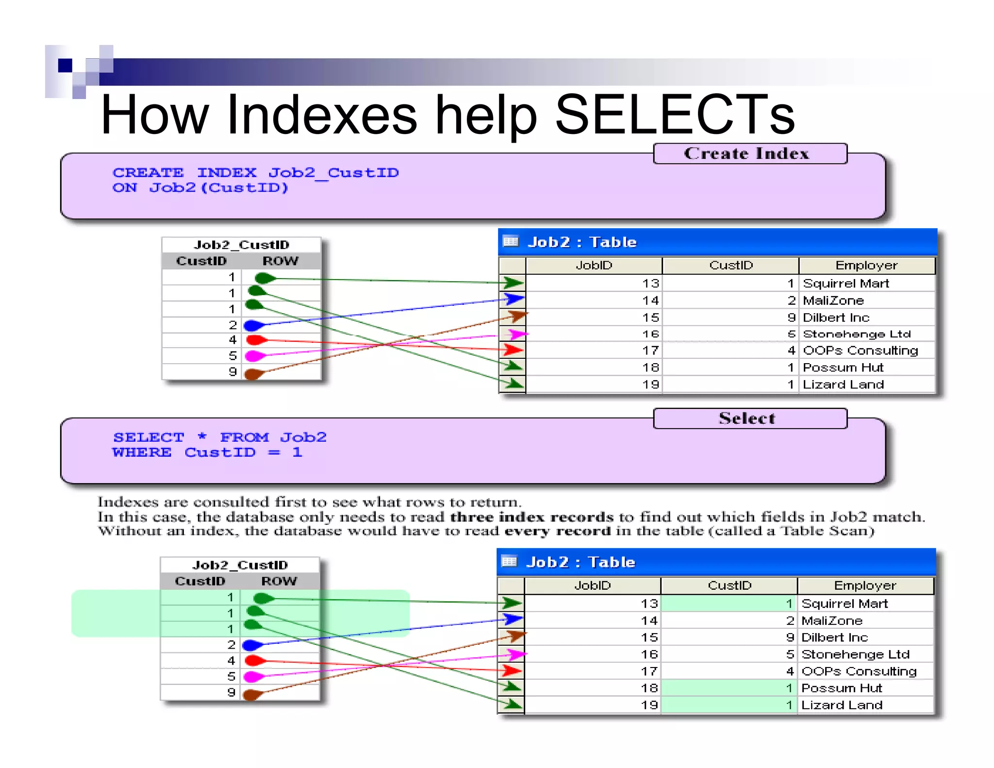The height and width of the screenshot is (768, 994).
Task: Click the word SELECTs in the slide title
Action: pyautogui.click(x=675, y=115)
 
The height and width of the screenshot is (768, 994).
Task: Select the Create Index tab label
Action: pyautogui.click(x=746, y=153)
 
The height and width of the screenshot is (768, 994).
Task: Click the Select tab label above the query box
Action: pyautogui.click(x=747, y=418)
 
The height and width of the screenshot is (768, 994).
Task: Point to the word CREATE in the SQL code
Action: pyautogui.click(x=148, y=173)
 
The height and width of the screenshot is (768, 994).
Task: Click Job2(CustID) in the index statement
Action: pyautogui.click(x=218, y=188)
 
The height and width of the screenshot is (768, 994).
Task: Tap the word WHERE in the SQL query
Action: pyautogui.click(x=142, y=452)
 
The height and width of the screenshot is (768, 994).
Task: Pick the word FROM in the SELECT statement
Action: pyautogui.click(x=244, y=437)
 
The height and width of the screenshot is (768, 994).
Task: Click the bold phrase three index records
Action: pyautogui.click(x=531, y=517)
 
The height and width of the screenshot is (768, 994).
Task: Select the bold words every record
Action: pyautogui.click(x=558, y=531)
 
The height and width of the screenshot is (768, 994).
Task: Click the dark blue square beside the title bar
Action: pyautogui.click(x=65, y=65)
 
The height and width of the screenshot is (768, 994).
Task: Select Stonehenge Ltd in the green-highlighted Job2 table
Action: pyautogui.click(x=855, y=654)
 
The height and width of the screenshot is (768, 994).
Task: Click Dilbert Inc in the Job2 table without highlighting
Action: pyautogui.click(x=836, y=317)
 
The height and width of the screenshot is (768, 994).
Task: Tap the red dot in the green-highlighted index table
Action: pyautogui.click(x=254, y=660)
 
